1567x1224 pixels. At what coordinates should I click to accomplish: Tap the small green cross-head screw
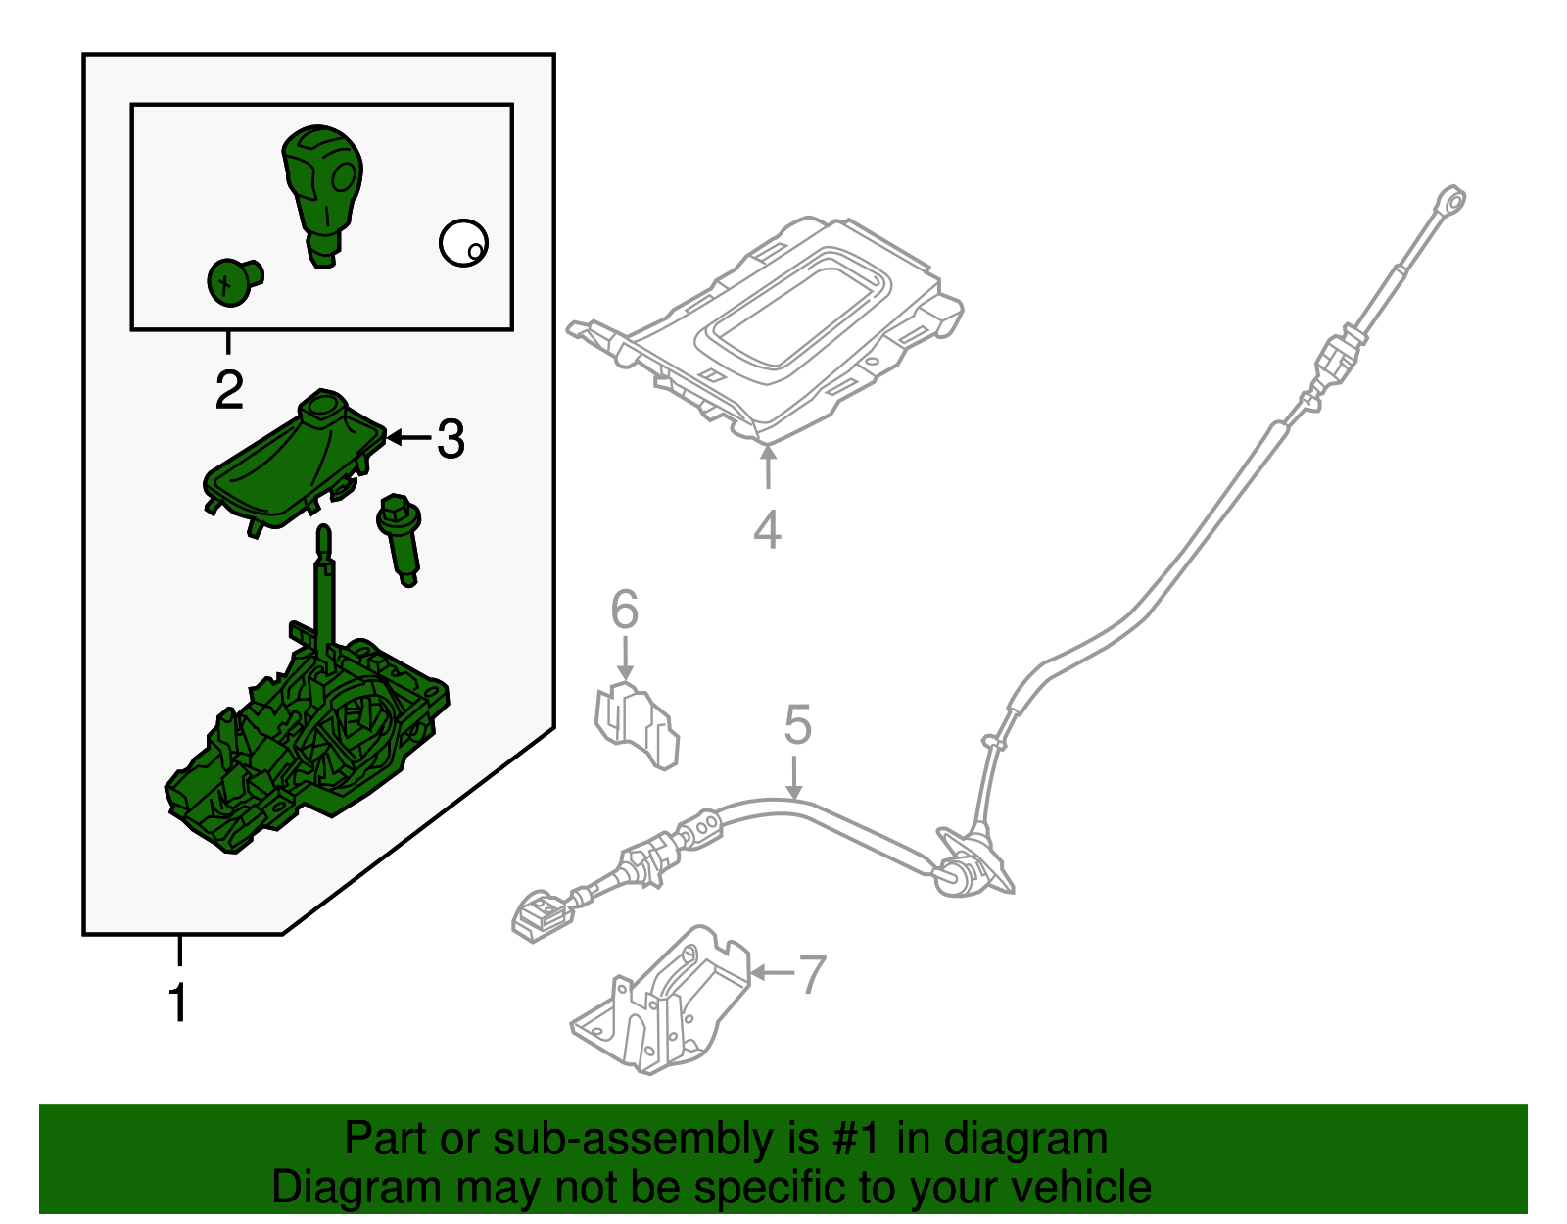[x=234, y=282]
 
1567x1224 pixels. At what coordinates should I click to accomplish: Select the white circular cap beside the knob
[x=463, y=242]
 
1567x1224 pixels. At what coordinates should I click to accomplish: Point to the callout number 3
[x=451, y=438]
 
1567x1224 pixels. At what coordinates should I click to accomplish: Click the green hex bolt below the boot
[x=400, y=539]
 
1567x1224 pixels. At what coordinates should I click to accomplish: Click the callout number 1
[x=177, y=1003]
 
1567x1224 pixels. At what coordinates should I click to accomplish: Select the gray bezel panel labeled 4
[x=764, y=328]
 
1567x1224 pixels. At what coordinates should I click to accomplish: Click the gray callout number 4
[x=767, y=528]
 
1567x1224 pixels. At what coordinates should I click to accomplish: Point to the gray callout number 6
[x=625, y=608]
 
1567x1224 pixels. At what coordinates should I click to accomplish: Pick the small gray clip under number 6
[x=636, y=725]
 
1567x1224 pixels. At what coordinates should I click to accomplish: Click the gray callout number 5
[x=797, y=724]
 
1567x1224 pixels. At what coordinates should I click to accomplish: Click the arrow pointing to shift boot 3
[x=408, y=437]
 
